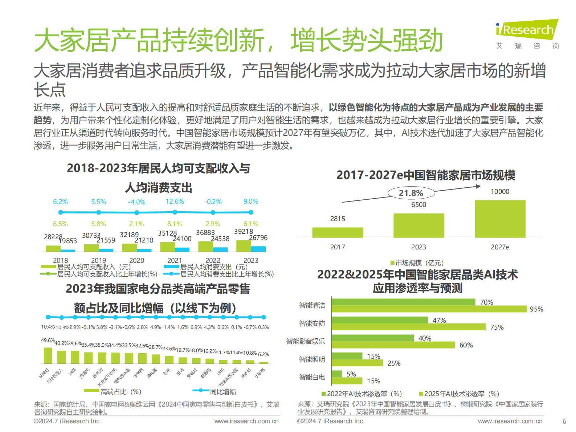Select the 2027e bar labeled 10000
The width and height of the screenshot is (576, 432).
click(500, 219)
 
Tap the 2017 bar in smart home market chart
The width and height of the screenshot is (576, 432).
click(338, 232)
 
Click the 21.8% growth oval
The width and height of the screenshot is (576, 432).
click(411, 193)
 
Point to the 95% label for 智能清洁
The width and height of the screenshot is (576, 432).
click(536, 309)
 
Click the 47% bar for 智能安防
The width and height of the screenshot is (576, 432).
click(379, 320)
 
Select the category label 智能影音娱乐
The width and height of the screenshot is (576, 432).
click(305, 341)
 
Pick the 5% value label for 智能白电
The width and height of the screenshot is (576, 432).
click(351, 374)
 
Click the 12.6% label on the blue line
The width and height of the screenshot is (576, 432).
click(175, 201)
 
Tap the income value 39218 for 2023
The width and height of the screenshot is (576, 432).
click(243, 232)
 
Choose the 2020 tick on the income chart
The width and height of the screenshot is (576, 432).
click(136, 260)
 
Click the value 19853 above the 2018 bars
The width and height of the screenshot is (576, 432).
click(68, 241)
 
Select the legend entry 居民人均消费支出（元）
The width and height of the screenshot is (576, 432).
click(213, 267)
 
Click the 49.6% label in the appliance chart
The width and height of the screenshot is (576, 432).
click(48, 341)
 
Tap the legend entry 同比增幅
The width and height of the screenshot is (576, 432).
click(222, 392)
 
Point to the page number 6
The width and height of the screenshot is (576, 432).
click(564, 421)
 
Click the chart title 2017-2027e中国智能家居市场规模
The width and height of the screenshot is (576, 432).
click(426, 175)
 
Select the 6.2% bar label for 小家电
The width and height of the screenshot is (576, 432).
click(263, 354)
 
